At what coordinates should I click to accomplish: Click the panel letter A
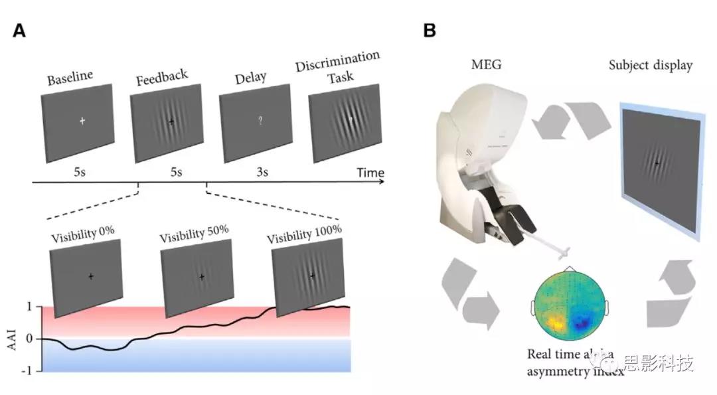pos(19,31)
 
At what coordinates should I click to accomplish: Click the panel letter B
pos(430,31)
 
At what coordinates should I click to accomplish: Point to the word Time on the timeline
pos(370,173)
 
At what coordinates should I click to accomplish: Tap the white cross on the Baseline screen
pos(82,121)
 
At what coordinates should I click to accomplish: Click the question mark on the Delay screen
pos(262,121)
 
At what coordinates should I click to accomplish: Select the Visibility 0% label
pos(83,233)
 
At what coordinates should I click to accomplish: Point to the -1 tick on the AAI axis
pos(29,370)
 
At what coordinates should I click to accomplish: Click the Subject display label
pos(651,65)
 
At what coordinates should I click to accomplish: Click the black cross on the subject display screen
pos(657,163)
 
